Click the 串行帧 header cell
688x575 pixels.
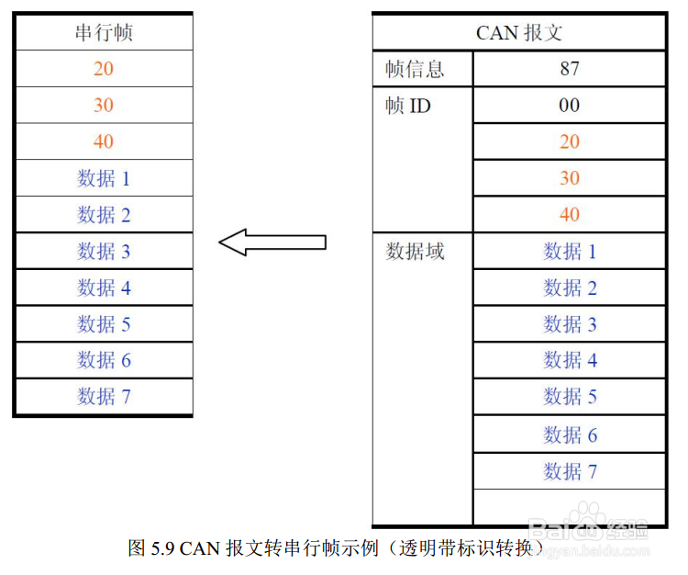(104, 33)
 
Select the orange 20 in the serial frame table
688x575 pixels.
(104, 69)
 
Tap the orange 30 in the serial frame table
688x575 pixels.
(104, 106)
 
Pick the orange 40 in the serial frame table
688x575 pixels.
(104, 141)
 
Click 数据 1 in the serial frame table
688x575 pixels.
(104, 178)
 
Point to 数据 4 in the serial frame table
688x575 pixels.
(104, 287)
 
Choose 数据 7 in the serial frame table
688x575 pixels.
(104, 397)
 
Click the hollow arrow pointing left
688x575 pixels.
(272, 242)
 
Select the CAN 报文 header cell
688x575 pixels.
(518, 33)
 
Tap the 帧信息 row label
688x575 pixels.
(415, 69)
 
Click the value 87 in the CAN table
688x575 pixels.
(569, 69)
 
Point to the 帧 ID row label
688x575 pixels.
(408, 106)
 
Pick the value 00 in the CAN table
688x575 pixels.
(569, 106)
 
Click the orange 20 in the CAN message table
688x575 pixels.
(569, 141)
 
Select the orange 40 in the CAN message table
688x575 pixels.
(569, 215)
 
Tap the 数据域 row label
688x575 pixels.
(415, 252)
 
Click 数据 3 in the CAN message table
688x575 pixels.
(569, 324)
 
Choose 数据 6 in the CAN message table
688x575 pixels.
(569, 434)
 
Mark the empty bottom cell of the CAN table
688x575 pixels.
(569, 507)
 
